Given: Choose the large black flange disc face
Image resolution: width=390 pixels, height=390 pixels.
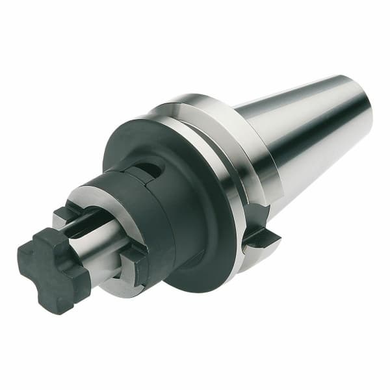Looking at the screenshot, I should pos(195,195).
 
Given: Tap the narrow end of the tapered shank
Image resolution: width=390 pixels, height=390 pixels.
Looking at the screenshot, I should pos(361,114).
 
